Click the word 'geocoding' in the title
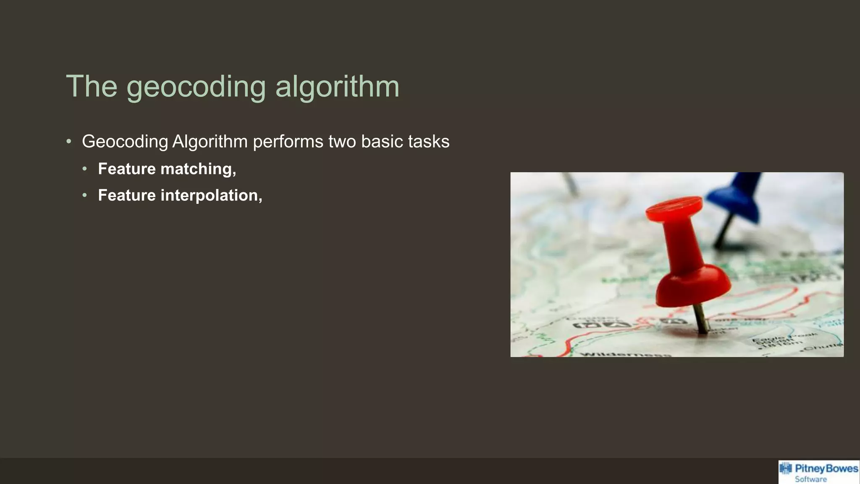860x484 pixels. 196,87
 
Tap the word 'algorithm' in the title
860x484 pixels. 337,87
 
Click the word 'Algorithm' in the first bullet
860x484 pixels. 210,142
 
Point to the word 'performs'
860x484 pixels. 288,142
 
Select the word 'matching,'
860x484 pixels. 198,169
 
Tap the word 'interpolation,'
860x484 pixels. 211,195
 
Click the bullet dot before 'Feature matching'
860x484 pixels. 85,169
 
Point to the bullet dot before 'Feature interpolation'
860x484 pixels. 85,195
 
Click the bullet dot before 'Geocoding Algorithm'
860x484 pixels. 69,142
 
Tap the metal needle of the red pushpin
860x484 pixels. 700,318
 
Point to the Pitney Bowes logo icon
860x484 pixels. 786,469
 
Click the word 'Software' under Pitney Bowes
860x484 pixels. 810,479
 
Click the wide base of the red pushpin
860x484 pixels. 693,286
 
